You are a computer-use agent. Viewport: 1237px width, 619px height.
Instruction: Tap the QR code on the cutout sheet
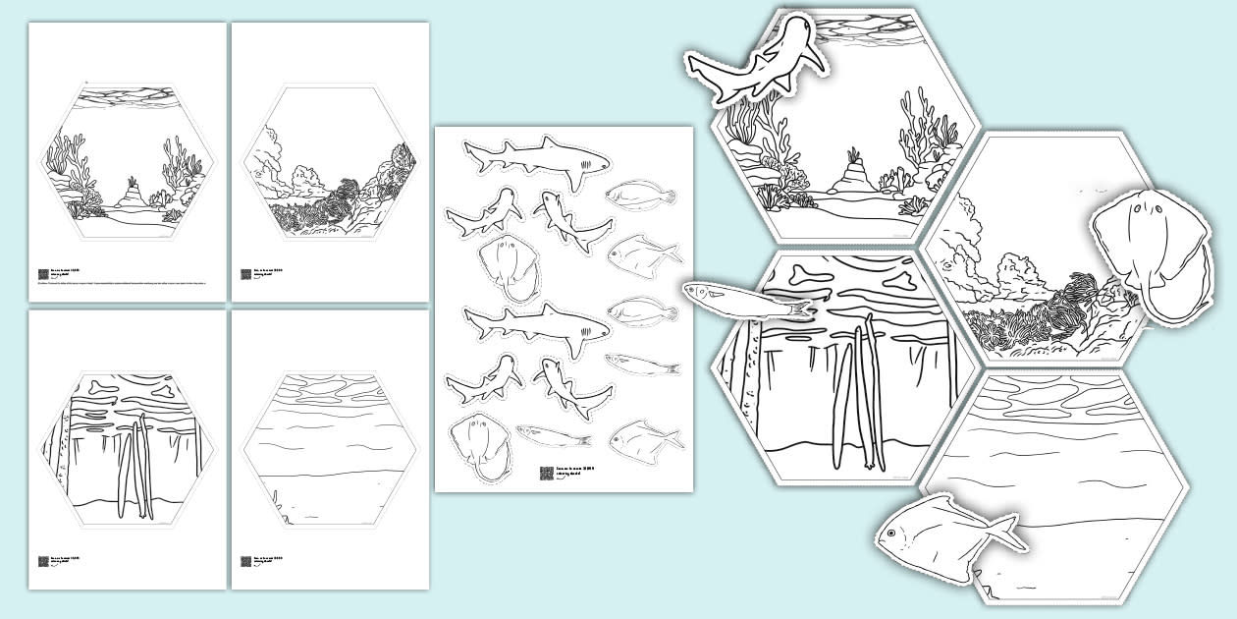[546, 473]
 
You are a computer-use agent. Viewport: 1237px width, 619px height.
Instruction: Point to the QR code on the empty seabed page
[245, 562]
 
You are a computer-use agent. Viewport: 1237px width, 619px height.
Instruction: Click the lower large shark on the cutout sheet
[535, 321]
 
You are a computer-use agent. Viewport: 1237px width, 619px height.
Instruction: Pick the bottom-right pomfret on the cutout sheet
[645, 439]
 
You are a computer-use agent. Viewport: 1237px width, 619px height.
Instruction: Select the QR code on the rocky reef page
[245, 275]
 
